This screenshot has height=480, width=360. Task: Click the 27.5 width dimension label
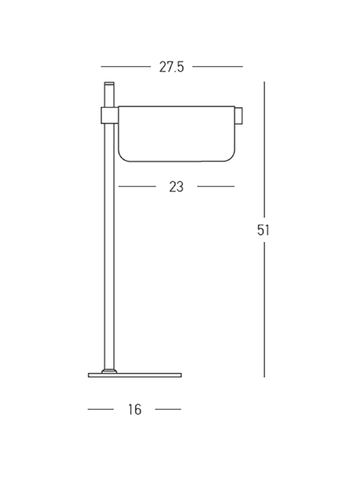pos(172,67)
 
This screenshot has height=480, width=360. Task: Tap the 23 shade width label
pos(176,187)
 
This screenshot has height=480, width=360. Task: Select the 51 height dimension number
pos(263,230)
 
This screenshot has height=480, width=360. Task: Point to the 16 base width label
pos(135,410)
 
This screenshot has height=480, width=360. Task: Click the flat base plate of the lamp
pos(135,375)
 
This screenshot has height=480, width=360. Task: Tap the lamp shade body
pos(177,134)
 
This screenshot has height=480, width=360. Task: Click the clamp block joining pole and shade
pos(110,115)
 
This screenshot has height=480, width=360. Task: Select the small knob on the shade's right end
pos(239,116)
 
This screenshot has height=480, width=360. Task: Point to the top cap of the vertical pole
pos(109,83)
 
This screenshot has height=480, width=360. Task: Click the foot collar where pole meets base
pos(109,371)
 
